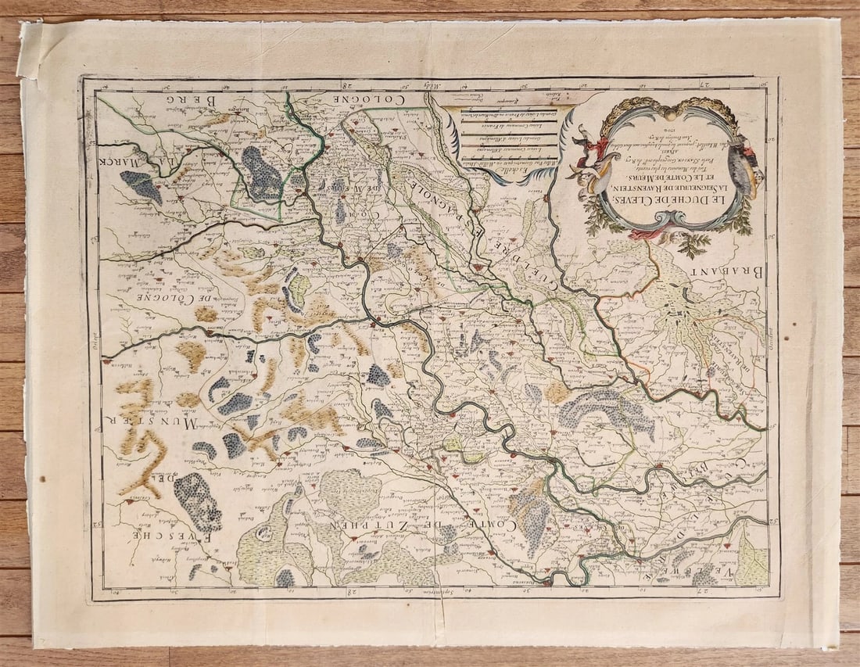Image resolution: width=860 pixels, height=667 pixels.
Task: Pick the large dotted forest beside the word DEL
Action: coord(197,500)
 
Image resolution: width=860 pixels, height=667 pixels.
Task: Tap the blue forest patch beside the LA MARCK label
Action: coord(141,186)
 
